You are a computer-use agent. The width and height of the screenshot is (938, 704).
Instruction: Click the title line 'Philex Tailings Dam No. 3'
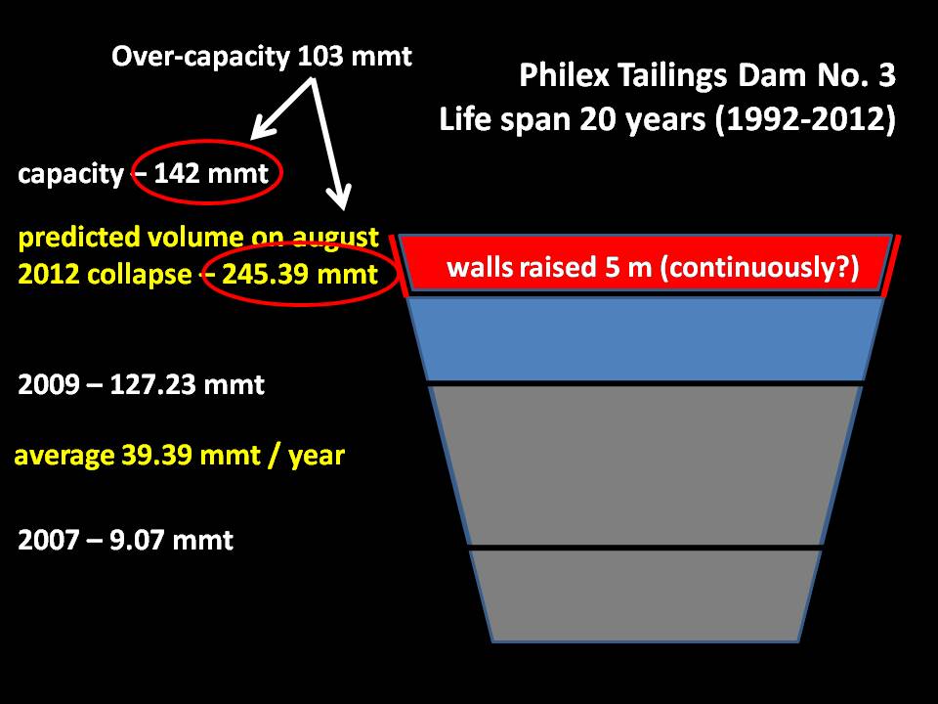707,76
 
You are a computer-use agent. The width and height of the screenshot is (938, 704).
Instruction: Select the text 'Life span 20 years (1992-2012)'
667,119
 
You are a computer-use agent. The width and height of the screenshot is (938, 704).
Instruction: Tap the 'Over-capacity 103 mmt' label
262,58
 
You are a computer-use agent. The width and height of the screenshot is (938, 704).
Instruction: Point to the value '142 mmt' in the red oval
211,174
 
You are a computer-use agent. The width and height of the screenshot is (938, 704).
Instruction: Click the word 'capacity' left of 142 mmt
70,175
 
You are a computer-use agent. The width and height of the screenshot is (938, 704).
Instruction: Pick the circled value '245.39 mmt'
300,274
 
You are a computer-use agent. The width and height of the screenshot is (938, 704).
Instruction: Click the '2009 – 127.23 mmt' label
141,384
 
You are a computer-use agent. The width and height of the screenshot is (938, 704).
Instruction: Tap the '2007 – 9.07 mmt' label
126,540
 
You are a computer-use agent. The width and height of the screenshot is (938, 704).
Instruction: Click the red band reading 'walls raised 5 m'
645,263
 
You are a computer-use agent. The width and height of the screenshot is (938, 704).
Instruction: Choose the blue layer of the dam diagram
645,339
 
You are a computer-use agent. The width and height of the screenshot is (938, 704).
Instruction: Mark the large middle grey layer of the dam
645,465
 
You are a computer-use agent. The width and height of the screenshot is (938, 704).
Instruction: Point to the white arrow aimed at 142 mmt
280,110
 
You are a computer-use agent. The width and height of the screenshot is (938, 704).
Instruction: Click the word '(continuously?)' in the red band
759,267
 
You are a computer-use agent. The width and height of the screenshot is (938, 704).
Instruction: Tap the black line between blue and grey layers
645,383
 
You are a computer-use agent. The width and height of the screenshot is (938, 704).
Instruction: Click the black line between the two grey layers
645,549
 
